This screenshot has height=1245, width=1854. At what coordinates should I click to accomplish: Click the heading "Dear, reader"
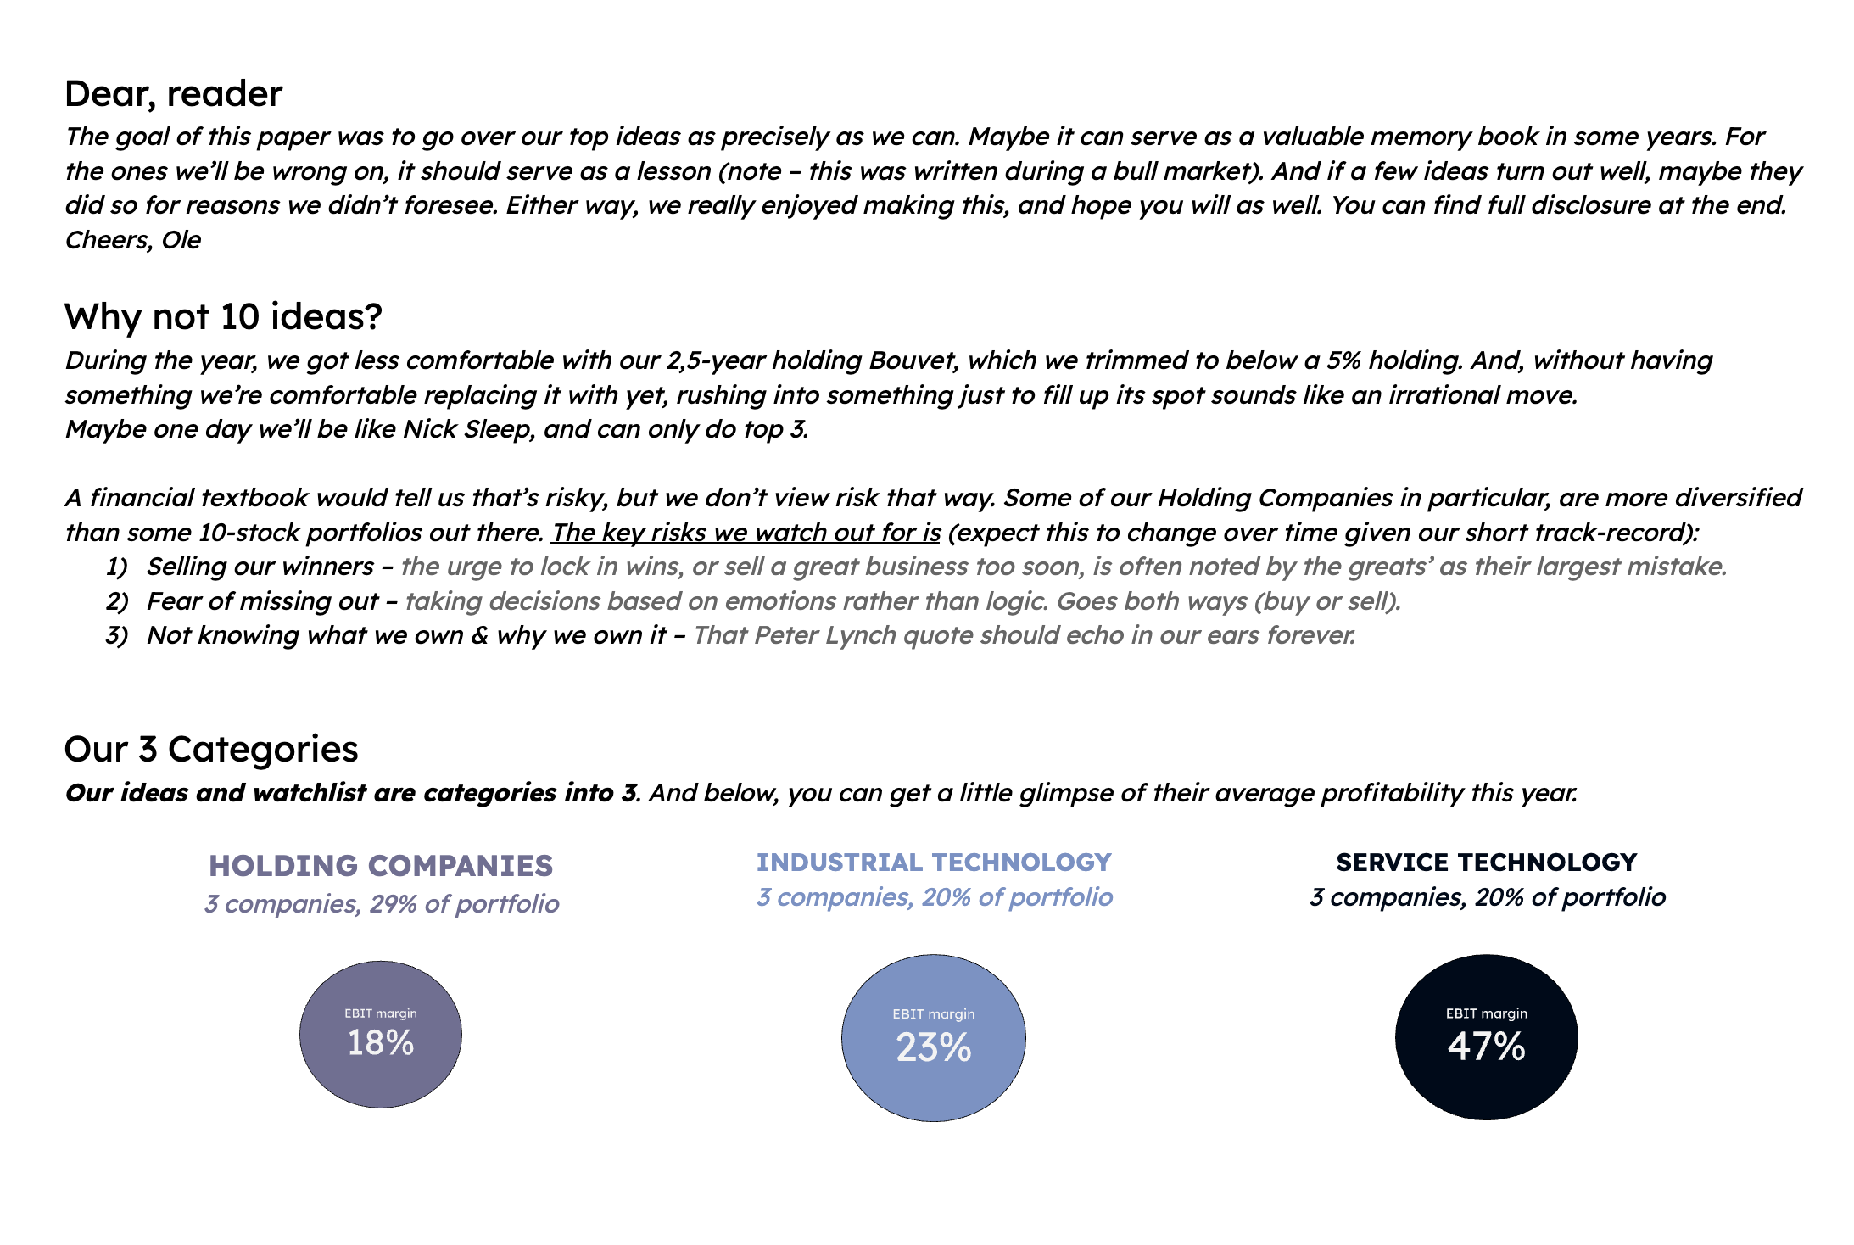(x=173, y=93)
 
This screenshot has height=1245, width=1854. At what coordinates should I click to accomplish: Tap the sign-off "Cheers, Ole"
(x=133, y=240)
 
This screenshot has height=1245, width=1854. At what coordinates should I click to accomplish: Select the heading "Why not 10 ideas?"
(x=223, y=316)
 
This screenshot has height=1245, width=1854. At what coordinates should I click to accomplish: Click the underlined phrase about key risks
(x=746, y=533)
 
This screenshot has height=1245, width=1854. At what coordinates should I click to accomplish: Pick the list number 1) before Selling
(x=116, y=567)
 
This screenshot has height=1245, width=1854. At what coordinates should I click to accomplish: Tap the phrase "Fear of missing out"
(x=262, y=601)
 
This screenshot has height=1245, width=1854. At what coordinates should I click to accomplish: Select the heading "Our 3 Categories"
(x=211, y=749)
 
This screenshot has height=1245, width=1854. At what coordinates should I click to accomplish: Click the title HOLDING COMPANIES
(x=381, y=865)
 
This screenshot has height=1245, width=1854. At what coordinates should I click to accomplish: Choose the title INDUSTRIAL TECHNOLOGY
(x=934, y=862)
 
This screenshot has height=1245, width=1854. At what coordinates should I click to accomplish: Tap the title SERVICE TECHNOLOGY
(x=1486, y=862)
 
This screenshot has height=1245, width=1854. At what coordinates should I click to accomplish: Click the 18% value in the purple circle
(x=381, y=1042)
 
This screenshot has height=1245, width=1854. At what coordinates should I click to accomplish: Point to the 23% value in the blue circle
(x=933, y=1047)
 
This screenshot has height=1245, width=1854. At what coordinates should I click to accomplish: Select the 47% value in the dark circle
(x=1486, y=1046)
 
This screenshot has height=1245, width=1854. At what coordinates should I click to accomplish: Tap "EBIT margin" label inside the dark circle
(x=1486, y=1013)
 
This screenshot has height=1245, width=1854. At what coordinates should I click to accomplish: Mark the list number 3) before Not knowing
(x=116, y=635)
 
